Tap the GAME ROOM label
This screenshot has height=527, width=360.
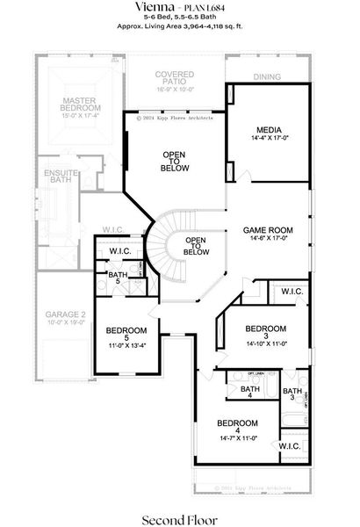click(267, 230)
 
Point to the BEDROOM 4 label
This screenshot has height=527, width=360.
click(237, 421)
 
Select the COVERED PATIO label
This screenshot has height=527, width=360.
click(175, 75)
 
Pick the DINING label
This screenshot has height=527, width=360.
click(268, 77)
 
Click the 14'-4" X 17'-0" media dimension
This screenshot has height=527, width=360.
click(268, 138)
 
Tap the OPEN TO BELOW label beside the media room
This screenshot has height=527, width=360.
click(174, 161)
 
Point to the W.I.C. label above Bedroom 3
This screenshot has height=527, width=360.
click(292, 291)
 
